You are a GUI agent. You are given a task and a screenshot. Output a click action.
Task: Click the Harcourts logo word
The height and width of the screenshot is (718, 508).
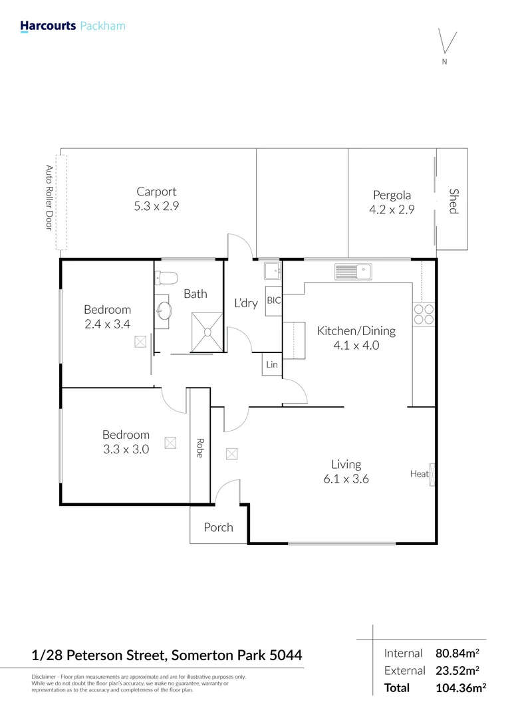pos(48,26)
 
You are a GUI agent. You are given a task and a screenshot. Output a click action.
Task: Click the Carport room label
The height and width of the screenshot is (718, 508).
pos(156,192)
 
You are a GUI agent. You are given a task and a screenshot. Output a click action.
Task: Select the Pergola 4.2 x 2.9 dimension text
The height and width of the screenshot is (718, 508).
pos(392,208)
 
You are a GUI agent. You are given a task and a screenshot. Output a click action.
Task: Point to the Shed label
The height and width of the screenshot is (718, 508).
pos(453,201)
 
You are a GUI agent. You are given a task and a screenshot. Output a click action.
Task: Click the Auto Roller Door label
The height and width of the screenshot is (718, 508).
pos(49,197)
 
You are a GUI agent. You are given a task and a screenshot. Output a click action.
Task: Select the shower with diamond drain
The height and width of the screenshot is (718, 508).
pos(207,330)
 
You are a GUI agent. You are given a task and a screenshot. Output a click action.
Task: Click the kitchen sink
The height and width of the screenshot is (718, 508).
pos(354,271)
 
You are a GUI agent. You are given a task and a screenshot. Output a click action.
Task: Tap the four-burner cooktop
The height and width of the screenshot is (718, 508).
pos(424,314)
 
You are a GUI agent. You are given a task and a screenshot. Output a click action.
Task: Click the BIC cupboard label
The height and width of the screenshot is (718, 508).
pos(274,300)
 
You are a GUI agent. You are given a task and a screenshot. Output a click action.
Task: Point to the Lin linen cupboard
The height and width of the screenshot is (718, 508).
pos(272,365)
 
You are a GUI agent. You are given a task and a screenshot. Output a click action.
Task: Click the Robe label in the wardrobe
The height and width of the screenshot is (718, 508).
pos(199,447)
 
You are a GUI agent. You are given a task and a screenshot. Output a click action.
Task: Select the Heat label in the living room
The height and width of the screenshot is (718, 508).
pos(419,474)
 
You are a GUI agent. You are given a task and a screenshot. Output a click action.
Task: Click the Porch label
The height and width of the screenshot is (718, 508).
pos(218,527)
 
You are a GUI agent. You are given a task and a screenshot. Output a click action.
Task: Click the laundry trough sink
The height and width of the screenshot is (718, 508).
pos(271,270)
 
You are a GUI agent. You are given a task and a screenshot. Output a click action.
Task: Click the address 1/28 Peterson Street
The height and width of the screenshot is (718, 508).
pos(99,656)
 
